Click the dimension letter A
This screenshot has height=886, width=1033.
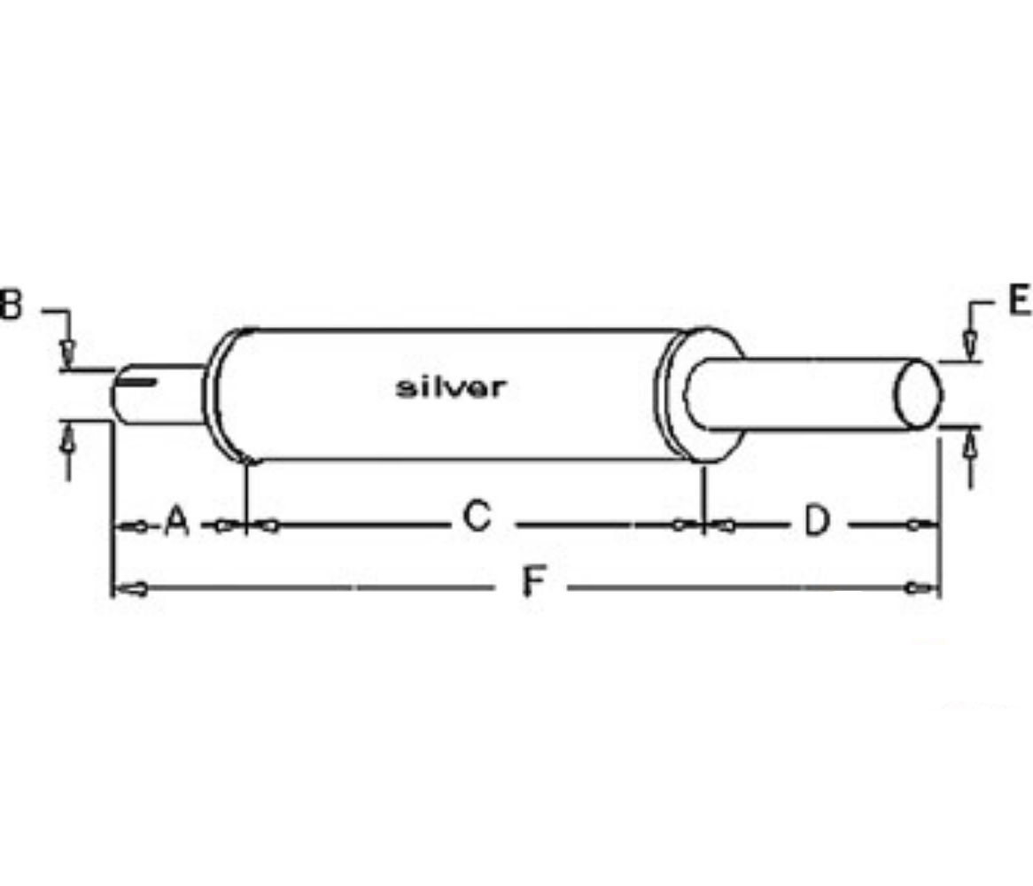[176, 521]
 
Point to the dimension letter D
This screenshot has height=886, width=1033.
[817, 521]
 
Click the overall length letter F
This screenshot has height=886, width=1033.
[533, 582]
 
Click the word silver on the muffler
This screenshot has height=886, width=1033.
[451, 387]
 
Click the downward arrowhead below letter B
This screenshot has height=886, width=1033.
[68, 354]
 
